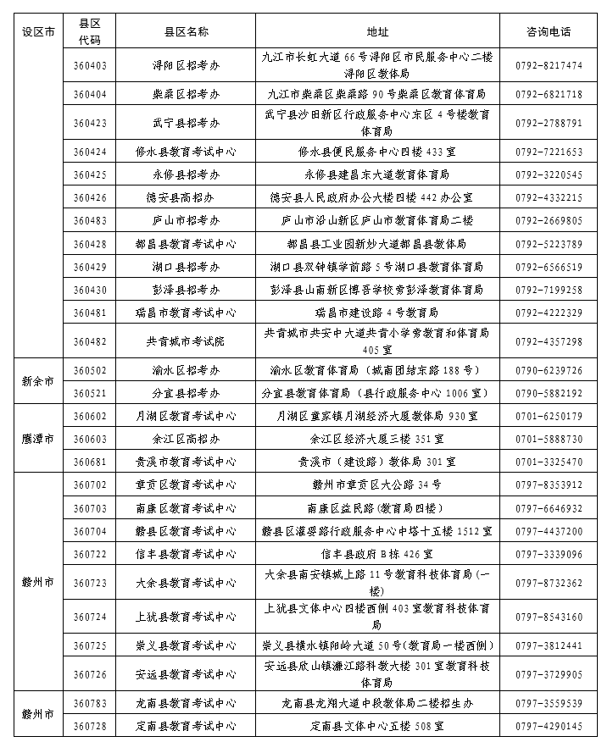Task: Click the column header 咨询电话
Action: [548, 32]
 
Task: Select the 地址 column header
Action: [377, 32]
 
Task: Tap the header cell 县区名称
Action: [186, 32]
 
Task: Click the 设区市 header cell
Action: [38, 32]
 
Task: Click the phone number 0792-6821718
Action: [548, 94]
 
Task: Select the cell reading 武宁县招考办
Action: [186, 123]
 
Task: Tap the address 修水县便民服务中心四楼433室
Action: [377, 152]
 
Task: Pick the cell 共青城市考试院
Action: [186, 341]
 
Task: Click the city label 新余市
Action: [38, 381]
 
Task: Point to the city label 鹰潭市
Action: [38, 439]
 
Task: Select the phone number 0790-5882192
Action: [548, 393]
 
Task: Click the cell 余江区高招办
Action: [186, 439]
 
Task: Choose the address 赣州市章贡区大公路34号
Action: [377, 484]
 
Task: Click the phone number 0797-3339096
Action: [548, 554]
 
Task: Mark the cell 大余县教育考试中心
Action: [186, 583]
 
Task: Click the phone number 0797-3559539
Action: [548, 703]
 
